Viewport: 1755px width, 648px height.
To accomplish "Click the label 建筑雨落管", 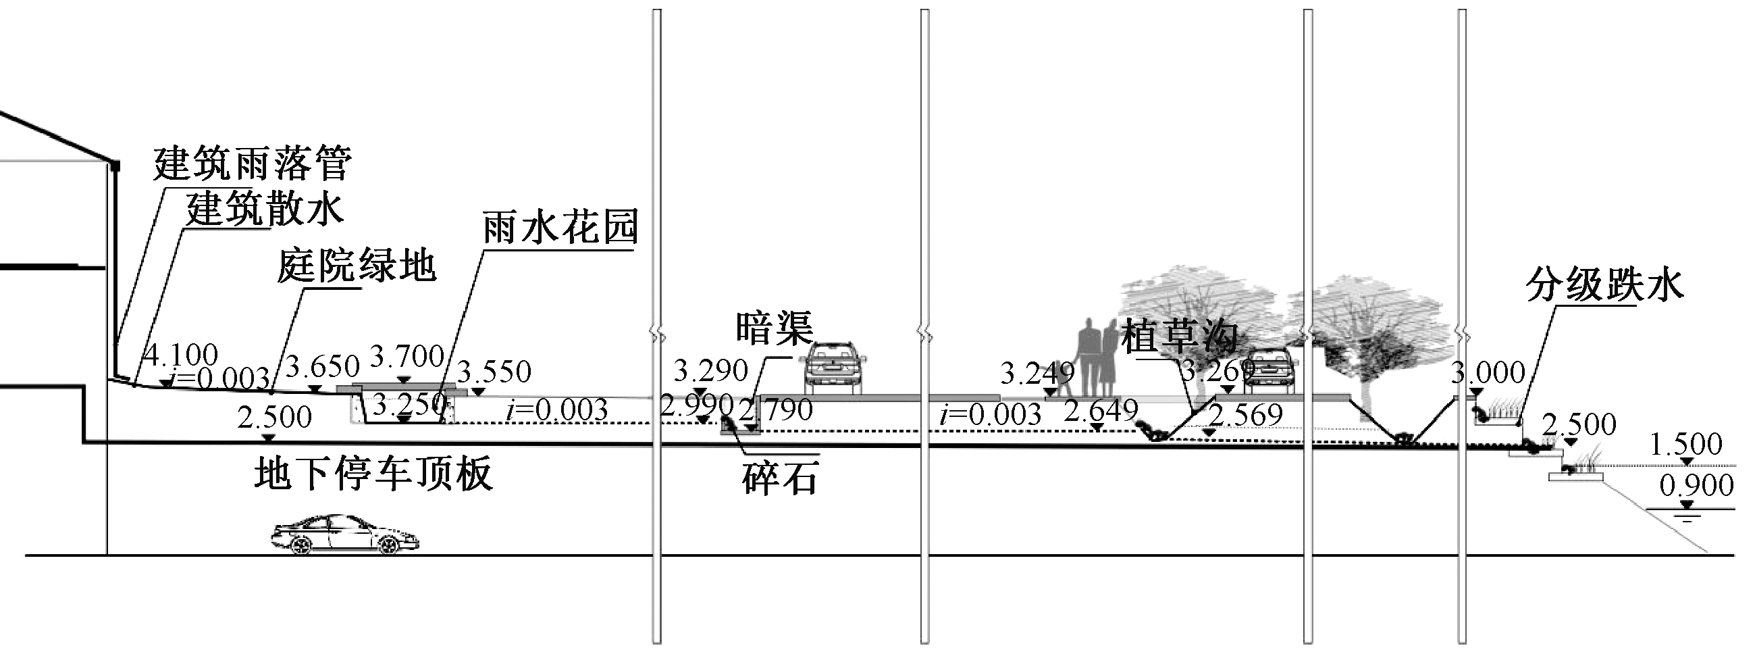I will coord(252,164).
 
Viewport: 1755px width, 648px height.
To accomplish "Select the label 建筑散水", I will coord(264,209).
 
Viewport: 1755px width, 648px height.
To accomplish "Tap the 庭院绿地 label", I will coord(356,266).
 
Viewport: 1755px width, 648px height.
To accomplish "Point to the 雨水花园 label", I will coord(560,228).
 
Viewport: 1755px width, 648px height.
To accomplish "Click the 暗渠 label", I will coord(775,328).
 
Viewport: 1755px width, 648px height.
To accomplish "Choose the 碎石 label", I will coord(779,479).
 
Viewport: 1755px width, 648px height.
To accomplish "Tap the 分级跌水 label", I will coord(1604,285).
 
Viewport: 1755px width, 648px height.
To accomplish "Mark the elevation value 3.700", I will coord(407,356).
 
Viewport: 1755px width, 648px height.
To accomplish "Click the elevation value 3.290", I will coord(710,372).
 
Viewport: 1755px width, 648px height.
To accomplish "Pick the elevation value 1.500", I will coord(1685,445).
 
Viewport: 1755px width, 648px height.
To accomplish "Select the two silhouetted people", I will coord(1095,357).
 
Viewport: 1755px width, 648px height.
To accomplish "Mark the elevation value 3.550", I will coord(493,372).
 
